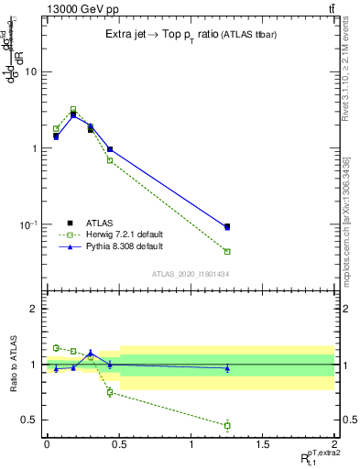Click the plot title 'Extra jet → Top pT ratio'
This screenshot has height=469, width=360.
pyautogui.click(x=169, y=34)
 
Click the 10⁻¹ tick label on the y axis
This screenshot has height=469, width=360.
pyautogui.click(x=29, y=225)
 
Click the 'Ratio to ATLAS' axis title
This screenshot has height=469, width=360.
pyautogui.click(x=12, y=364)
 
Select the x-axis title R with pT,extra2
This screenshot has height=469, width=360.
pyautogui.click(x=316, y=457)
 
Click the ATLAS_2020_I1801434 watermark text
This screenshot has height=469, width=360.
pyautogui.click(x=190, y=274)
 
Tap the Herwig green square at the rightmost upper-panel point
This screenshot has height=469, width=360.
pyautogui.click(x=227, y=251)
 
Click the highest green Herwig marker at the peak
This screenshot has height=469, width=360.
pyautogui.click(x=73, y=109)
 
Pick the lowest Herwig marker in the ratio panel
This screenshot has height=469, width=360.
pyautogui.click(x=227, y=425)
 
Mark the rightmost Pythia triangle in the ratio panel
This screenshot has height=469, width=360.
pyautogui.click(x=227, y=368)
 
